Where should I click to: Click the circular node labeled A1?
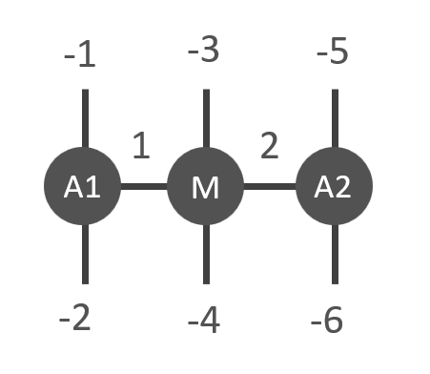82,186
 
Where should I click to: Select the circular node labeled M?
205,186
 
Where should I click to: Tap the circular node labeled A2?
334,186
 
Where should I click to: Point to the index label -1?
79,54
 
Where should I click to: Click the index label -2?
74,318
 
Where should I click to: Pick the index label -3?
203,50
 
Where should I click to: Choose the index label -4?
204,320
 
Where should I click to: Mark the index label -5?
333,51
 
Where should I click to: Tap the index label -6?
327,320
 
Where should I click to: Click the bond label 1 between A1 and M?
141,145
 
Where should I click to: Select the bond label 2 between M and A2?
270,145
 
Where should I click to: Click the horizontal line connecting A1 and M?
144,186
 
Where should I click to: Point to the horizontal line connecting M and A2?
270,186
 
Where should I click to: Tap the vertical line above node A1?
85,118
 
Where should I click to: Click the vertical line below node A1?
85,254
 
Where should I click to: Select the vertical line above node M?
206,118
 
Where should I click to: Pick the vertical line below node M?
206,254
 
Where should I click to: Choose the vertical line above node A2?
335,118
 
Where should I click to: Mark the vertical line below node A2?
335,254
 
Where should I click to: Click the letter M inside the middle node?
205,188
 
